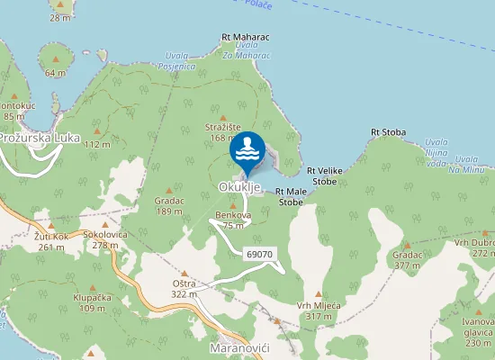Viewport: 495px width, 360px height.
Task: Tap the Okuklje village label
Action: click(x=239, y=187)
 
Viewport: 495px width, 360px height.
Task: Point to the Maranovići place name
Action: click(x=239, y=347)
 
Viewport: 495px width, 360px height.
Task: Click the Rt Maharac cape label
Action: click(x=246, y=37)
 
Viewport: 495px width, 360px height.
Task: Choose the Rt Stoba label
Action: click(x=388, y=132)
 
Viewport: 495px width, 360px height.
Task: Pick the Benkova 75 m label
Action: click(x=233, y=220)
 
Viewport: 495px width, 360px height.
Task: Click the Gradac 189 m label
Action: click(x=169, y=206)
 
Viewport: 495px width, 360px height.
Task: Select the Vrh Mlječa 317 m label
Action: click(x=319, y=310)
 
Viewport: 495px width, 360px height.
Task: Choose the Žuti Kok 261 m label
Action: click(x=50, y=241)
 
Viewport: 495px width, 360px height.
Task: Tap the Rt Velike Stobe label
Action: click(x=322, y=175)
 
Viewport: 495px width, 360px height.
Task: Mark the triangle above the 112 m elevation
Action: click(x=96, y=130)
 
